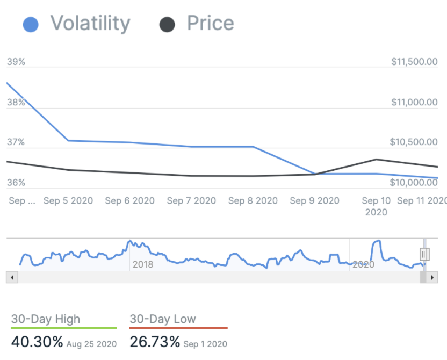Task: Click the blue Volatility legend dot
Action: click(x=31, y=25)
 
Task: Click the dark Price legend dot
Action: click(x=168, y=25)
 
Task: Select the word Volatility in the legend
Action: click(x=90, y=24)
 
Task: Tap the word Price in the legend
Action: click(x=210, y=24)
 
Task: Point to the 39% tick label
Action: click(x=16, y=62)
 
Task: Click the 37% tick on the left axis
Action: click(x=16, y=142)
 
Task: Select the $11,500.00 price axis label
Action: click(x=414, y=62)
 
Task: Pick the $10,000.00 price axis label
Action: click(x=414, y=183)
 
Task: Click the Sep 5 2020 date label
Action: click(x=68, y=201)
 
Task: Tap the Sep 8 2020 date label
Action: click(x=253, y=201)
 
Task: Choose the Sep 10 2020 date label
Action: click(x=376, y=206)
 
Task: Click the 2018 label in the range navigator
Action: click(x=143, y=264)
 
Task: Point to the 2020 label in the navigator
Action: click(x=363, y=264)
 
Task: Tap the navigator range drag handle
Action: click(x=424, y=254)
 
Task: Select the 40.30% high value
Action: click(x=37, y=342)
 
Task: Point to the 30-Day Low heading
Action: click(x=163, y=319)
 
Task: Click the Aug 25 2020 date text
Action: click(x=91, y=344)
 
